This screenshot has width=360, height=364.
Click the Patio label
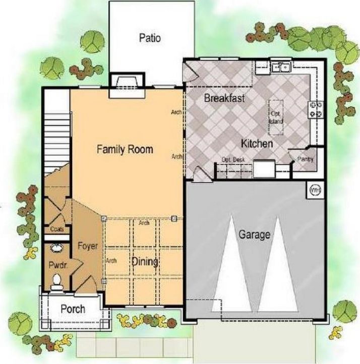point(150,38)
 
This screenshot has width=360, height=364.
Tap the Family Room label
point(125,149)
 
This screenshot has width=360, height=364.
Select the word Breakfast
point(224,98)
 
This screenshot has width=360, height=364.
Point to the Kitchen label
point(257,144)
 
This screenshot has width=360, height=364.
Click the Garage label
point(254,234)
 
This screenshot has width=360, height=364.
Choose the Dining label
point(145,262)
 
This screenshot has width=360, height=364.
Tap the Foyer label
point(87,246)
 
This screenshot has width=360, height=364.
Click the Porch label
point(73,309)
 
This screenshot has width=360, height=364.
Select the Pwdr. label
point(58,265)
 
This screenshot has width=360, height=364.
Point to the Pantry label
point(306,160)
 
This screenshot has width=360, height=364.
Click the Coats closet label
point(57,229)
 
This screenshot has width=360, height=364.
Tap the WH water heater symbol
point(315,190)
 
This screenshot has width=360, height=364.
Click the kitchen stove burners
point(316,109)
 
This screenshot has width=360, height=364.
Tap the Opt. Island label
point(276,118)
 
